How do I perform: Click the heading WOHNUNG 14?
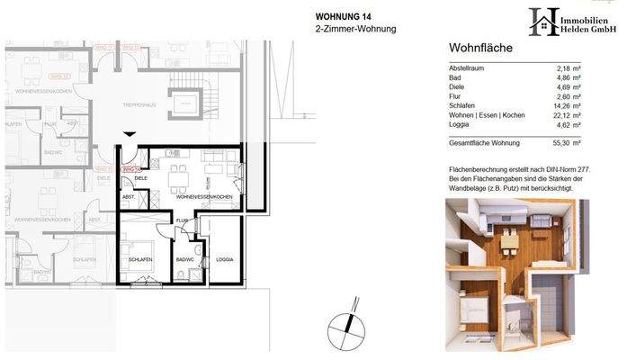343,15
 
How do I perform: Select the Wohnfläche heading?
479,49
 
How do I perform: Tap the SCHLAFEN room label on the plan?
139,259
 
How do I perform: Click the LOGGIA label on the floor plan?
224,259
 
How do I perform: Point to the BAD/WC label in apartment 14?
186,259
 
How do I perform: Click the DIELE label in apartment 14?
140,178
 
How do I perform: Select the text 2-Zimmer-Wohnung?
355,29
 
